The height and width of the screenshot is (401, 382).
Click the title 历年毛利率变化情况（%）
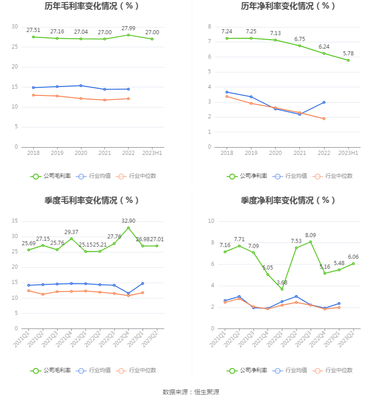[92, 6]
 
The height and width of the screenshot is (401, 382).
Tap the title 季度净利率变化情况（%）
[288, 201]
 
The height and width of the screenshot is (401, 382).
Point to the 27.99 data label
[129, 28]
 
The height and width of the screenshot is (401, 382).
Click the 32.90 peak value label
[129, 221]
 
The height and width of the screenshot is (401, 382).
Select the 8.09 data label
[311, 235]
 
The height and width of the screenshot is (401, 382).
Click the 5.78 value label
[348, 54]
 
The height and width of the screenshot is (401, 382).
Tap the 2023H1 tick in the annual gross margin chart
[152, 153]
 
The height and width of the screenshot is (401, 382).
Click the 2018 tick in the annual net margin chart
[227, 153]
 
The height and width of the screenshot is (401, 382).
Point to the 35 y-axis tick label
[14, 221]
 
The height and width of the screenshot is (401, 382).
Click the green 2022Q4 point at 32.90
[129, 228]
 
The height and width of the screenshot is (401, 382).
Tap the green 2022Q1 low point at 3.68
[282, 289]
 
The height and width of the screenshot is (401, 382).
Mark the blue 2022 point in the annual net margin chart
[324, 102]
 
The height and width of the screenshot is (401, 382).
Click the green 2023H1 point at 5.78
[348, 60]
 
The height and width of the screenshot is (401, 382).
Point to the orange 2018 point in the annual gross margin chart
[33, 95]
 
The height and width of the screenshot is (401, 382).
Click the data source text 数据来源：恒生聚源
[191, 392]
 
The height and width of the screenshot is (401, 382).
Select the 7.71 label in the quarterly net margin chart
[239, 239]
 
